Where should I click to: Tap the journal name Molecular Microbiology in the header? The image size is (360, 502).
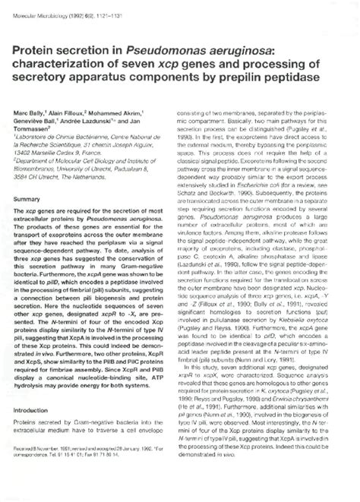pyautogui.click(x=41, y=9)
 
